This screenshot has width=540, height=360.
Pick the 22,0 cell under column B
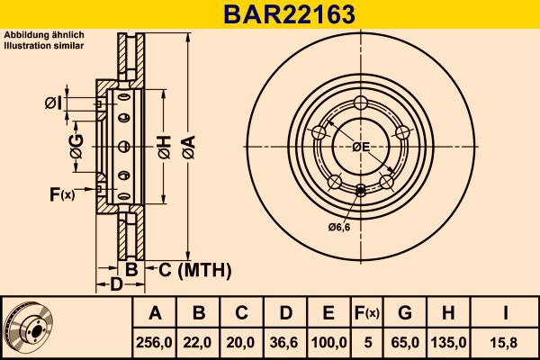pyautogui.click(x=199, y=342)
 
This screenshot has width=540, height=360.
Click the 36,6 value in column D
pyautogui.click(x=285, y=342)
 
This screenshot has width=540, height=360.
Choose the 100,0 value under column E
pyautogui.click(x=329, y=342)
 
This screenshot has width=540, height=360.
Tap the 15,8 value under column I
pyautogui.click(x=507, y=342)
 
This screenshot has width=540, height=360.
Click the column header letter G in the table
pyautogui.click(x=405, y=313)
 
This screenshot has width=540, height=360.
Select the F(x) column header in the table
pyautogui.click(x=367, y=313)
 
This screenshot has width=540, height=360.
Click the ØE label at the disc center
pyautogui.click(x=361, y=147)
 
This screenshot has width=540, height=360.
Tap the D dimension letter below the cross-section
pyautogui.click(x=115, y=285)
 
